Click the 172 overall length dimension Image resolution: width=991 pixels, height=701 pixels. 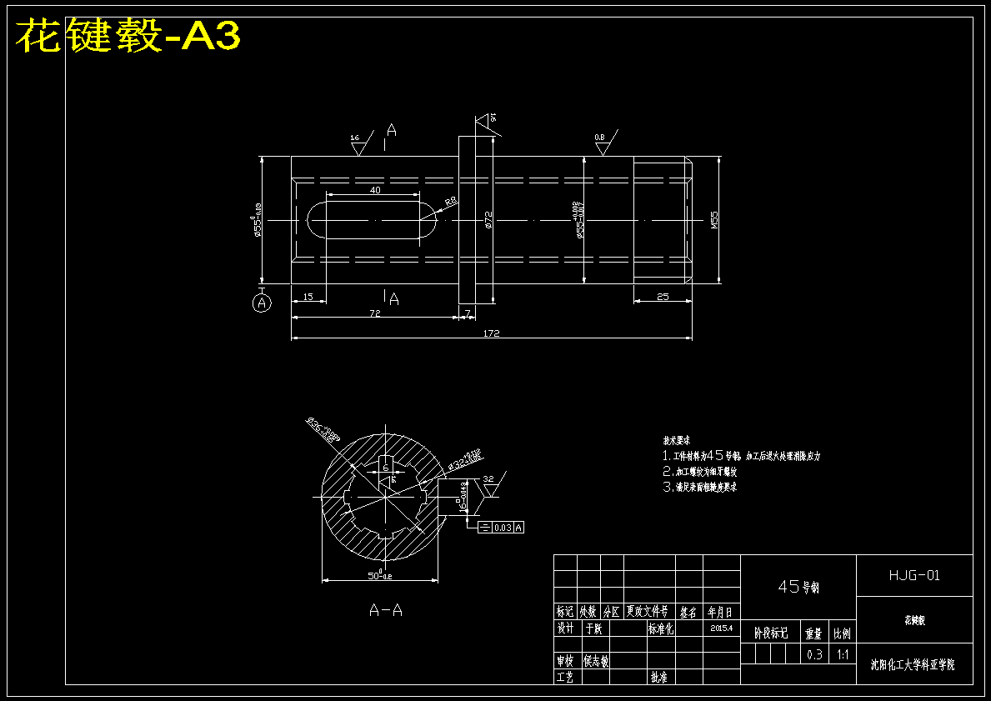click(x=491, y=333)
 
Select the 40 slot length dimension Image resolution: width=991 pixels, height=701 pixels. click(x=374, y=190)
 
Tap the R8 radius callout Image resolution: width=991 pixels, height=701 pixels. click(x=450, y=202)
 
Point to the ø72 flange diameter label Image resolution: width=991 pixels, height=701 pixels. click(x=488, y=219)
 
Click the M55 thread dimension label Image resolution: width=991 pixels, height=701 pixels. click(x=714, y=219)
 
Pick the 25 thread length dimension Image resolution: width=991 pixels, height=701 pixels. click(x=663, y=297)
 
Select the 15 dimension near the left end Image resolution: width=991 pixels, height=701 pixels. click(x=308, y=297)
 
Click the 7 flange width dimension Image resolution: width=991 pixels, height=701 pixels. click(x=468, y=313)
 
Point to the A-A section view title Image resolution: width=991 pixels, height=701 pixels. click(x=386, y=610)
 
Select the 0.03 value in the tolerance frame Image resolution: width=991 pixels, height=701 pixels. click(x=503, y=528)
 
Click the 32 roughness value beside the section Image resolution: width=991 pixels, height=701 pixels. click(x=488, y=479)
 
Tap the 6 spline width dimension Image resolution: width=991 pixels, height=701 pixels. click(x=386, y=468)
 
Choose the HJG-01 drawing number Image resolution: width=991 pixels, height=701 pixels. click(x=914, y=575)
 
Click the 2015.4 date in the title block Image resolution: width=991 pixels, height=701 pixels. click(x=722, y=628)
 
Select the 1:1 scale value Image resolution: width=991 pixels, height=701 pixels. click(x=843, y=655)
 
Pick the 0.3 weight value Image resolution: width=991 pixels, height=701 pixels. click(x=814, y=655)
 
